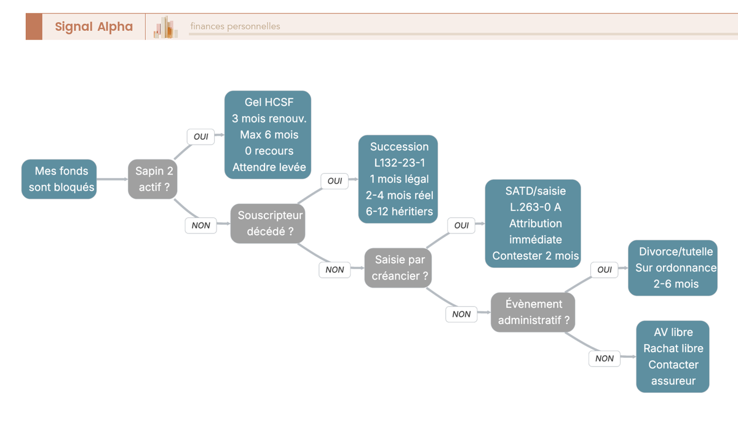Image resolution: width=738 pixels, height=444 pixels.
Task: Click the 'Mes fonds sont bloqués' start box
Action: coord(59,179)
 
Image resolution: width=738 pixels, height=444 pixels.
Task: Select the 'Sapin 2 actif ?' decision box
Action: coord(153,179)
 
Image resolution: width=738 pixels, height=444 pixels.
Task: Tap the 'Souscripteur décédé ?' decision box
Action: coord(268,224)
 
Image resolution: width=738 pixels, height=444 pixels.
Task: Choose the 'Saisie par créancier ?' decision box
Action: coord(398,268)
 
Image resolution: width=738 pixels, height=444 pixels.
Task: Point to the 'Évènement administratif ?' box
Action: coord(533,312)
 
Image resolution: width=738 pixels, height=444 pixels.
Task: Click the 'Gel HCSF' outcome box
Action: coord(268,135)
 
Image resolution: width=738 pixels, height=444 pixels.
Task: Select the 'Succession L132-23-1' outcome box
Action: coord(398,179)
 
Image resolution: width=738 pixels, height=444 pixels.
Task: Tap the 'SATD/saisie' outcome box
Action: coord(533,224)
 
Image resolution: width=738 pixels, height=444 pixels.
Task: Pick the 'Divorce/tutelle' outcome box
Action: coord(672,268)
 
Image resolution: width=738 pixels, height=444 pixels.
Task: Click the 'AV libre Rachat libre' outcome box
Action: coord(672,357)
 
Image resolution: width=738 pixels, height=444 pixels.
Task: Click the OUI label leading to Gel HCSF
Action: coord(200,137)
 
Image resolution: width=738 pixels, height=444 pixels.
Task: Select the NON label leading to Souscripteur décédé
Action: coord(200,225)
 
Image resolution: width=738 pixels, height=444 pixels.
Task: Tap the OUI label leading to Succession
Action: coord(335,181)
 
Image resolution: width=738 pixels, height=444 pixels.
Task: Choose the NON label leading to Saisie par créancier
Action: coord(335,270)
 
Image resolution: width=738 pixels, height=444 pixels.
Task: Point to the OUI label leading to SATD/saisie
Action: coord(461,225)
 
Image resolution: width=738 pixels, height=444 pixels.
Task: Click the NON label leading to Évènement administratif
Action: coord(461,314)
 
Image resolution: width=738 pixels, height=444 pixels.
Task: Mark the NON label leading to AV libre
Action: coord(604,358)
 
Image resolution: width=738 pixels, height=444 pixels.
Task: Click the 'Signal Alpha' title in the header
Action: coord(94,26)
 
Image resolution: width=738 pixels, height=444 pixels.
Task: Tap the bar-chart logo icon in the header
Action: coord(165,27)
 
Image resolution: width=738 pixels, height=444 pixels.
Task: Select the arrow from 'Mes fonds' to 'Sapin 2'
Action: coord(113,179)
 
